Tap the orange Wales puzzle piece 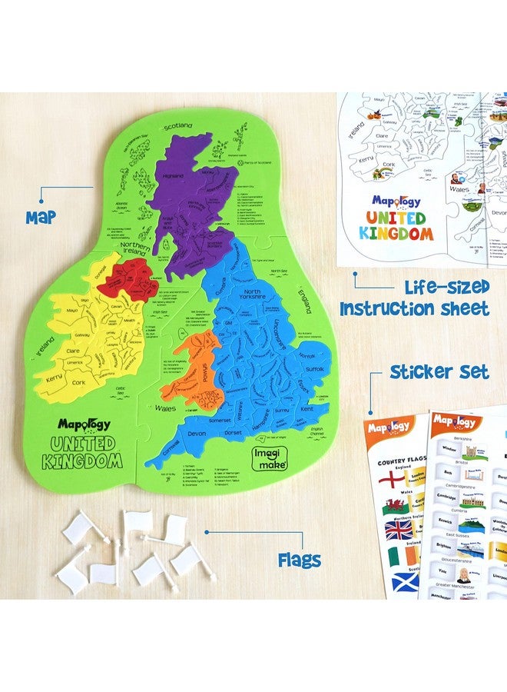[203, 377]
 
